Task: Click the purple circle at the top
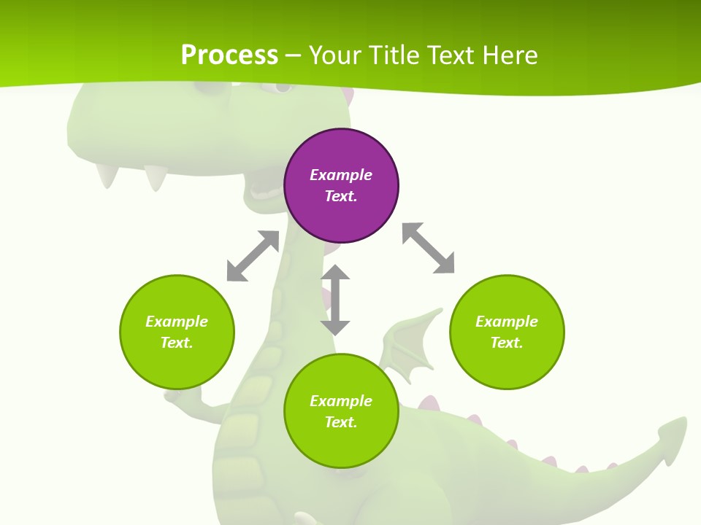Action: [x=341, y=186]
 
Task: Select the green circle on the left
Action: [x=177, y=332]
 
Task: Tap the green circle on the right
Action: [x=507, y=332]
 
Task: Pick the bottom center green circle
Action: [x=341, y=411]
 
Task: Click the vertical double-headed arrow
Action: [x=335, y=300]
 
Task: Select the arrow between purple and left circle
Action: [x=253, y=256]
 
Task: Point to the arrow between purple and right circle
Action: [x=429, y=248]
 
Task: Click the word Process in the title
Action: [x=229, y=55]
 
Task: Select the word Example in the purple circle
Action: [x=341, y=175]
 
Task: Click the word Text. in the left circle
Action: [x=177, y=343]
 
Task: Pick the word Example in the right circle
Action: [x=507, y=322]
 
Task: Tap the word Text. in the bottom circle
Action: [x=341, y=422]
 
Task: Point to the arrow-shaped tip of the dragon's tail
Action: [x=670, y=437]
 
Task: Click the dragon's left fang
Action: [x=108, y=175]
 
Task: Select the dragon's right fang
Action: [x=156, y=177]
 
